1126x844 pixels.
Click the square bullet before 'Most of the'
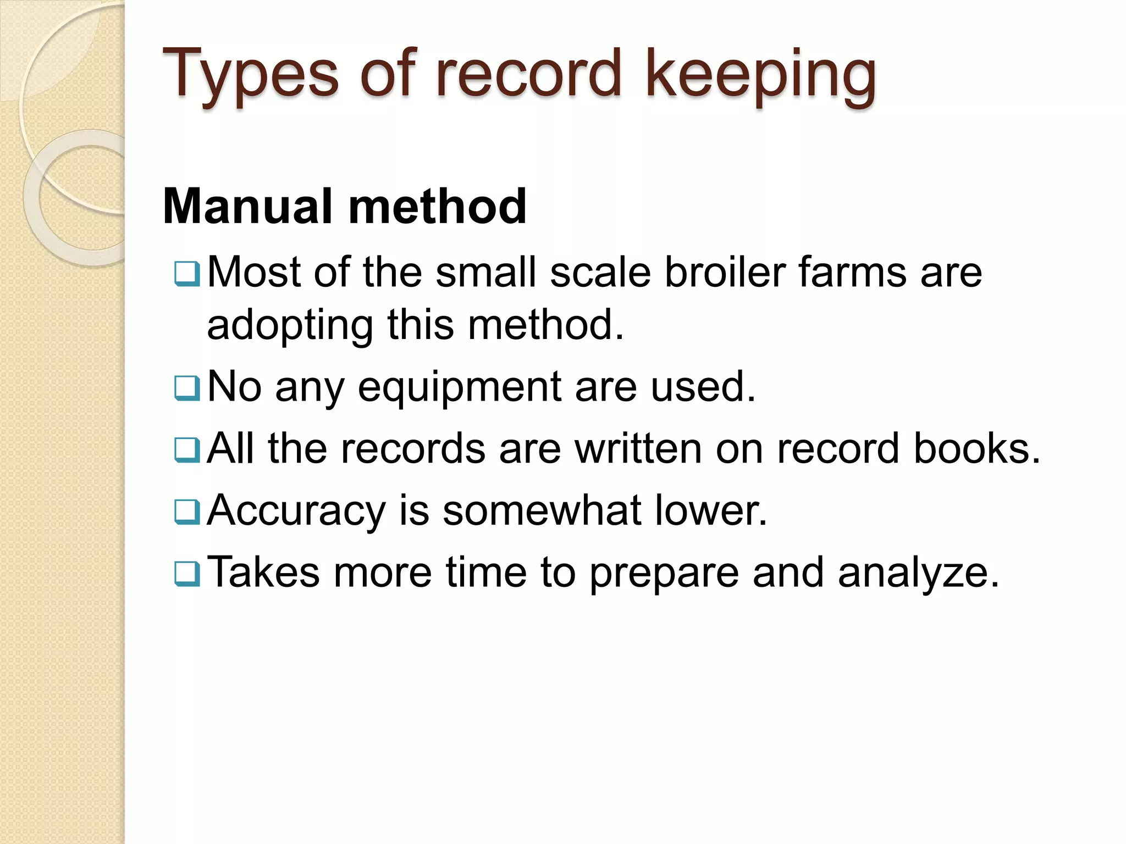pos(187,274)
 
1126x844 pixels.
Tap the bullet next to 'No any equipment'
pos(187,388)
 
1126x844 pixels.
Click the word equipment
pos(459,387)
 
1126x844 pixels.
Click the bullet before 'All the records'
pos(187,450)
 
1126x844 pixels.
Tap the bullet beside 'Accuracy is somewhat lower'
pos(187,512)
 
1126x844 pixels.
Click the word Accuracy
pos(296,511)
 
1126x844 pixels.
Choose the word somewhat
pos(542,510)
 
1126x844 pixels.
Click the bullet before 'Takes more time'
pos(187,574)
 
